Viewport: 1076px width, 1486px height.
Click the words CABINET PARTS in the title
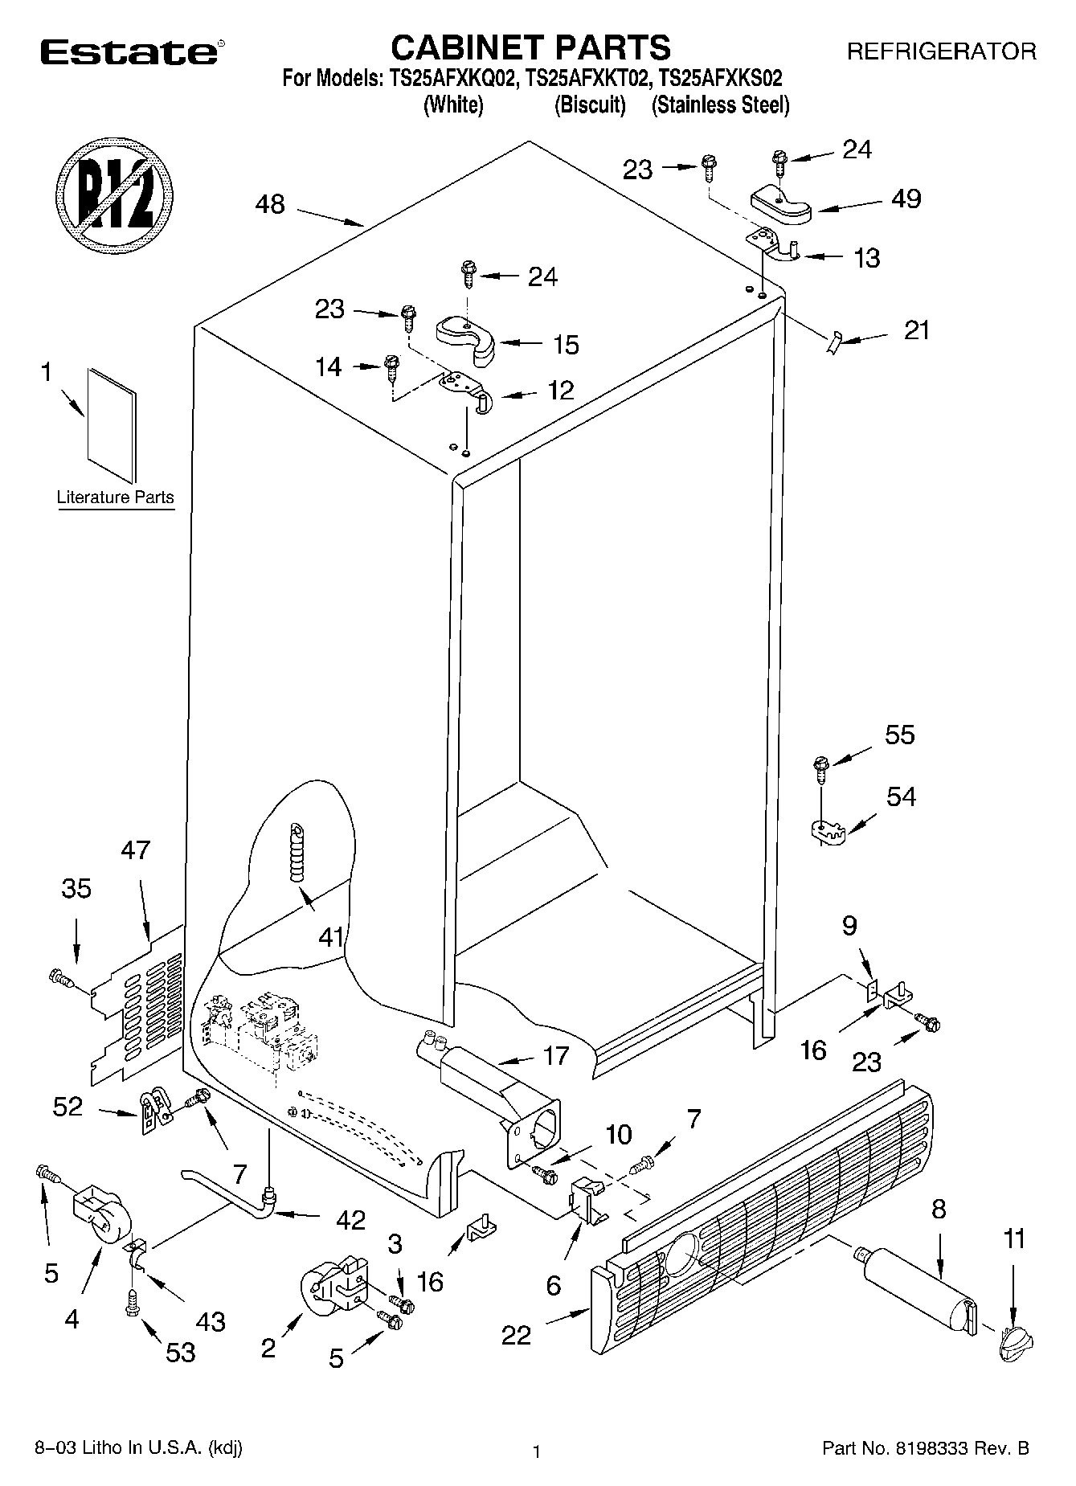(530, 47)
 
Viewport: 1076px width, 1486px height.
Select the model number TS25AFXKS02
(720, 79)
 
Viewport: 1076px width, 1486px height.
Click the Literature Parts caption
(115, 497)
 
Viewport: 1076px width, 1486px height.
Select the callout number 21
(917, 330)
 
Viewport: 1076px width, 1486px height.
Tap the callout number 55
(899, 735)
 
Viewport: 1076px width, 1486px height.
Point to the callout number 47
(135, 849)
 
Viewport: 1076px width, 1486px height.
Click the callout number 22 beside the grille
(516, 1335)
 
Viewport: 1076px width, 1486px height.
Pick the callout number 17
(555, 1055)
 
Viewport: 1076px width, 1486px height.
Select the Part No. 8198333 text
(925, 1449)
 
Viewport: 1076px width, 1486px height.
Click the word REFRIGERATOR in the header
(942, 52)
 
